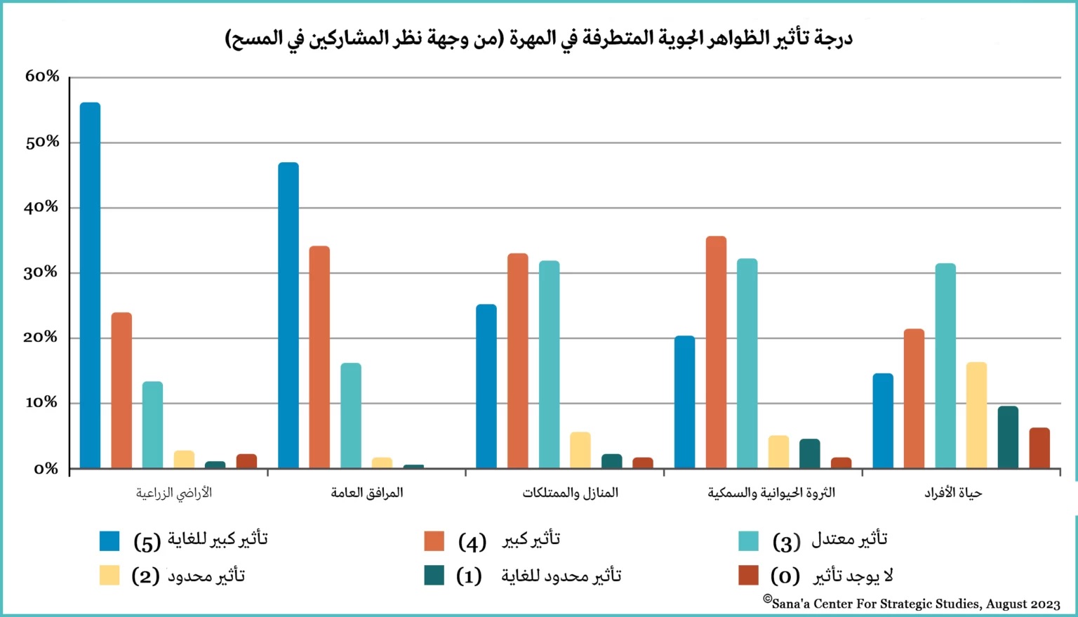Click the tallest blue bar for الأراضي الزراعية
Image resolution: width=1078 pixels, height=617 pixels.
[90, 285]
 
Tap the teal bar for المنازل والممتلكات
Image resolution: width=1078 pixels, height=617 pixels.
[550, 364]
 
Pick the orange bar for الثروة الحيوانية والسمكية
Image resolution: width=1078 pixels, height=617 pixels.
[716, 352]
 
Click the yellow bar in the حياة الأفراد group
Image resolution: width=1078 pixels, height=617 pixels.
[976, 415]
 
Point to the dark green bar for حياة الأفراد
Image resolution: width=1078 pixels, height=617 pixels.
[1008, 437]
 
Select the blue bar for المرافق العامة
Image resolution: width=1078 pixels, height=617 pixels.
[288, 315]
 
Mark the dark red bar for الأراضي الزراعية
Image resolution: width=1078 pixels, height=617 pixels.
[246, 461]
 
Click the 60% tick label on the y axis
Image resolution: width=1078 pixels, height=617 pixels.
[42, 77]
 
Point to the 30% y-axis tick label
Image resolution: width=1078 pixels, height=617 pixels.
[42, 272]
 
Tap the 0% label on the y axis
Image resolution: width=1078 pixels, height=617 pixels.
[46, 469]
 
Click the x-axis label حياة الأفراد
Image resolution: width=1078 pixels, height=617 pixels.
[953, 493]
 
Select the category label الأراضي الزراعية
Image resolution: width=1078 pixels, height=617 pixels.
[174, 493]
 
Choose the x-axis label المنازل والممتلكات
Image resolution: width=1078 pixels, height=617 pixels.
[570, 493]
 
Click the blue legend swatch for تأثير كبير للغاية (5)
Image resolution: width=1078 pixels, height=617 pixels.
[109, 541]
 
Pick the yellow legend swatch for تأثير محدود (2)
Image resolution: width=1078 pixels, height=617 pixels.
[109, 576]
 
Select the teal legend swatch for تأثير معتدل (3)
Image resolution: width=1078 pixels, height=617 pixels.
[749, 541]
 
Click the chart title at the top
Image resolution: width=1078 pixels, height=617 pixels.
[539, 38]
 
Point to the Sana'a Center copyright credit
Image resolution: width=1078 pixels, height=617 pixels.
[912, 603]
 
